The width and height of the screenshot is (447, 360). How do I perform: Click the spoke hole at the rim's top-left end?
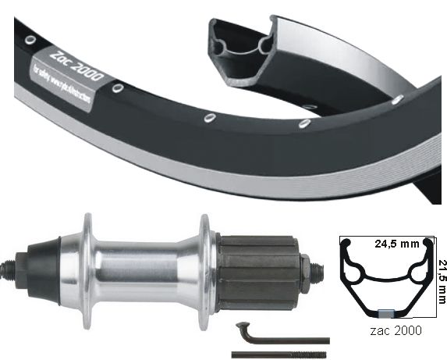coord(29,39)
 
